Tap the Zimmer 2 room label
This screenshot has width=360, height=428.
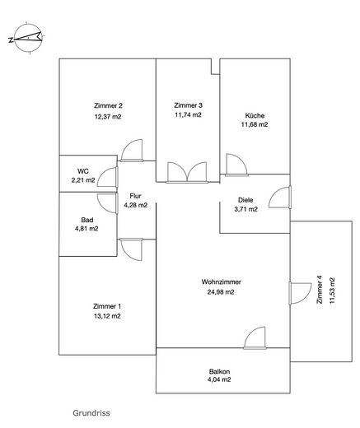click(x=108, y=105)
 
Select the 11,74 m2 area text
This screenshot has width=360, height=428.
click(x=188, y=114)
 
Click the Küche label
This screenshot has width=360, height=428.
click(x=255, y=115)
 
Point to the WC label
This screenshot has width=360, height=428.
click(x=83, y=171)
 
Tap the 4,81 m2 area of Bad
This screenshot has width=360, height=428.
click(x=86, y=229)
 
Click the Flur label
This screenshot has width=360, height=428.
click(x=136, y=196)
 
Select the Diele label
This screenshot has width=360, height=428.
click(x=245, y=200)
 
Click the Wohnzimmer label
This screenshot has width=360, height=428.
click(x=222, y=281)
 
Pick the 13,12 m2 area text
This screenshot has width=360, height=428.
click(x=107, y=316)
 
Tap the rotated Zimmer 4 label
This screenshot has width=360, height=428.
click(x=320, y=290)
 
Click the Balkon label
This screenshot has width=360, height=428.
click(x=220, y=371)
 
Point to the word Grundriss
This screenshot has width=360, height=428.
click(x=91, y=413)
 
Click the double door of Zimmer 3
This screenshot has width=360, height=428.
click(x=187, y=172)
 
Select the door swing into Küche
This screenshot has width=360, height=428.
click(x=236, y=165)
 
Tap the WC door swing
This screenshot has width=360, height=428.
click(x=108, y=177)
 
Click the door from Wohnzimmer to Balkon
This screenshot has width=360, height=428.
click(x=255, y=338)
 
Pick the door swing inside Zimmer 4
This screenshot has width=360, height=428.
click(x=301, y=293)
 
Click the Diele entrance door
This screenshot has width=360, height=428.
click(x=280, y=198)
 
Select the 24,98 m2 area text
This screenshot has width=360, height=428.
click(x=221, y=292)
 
